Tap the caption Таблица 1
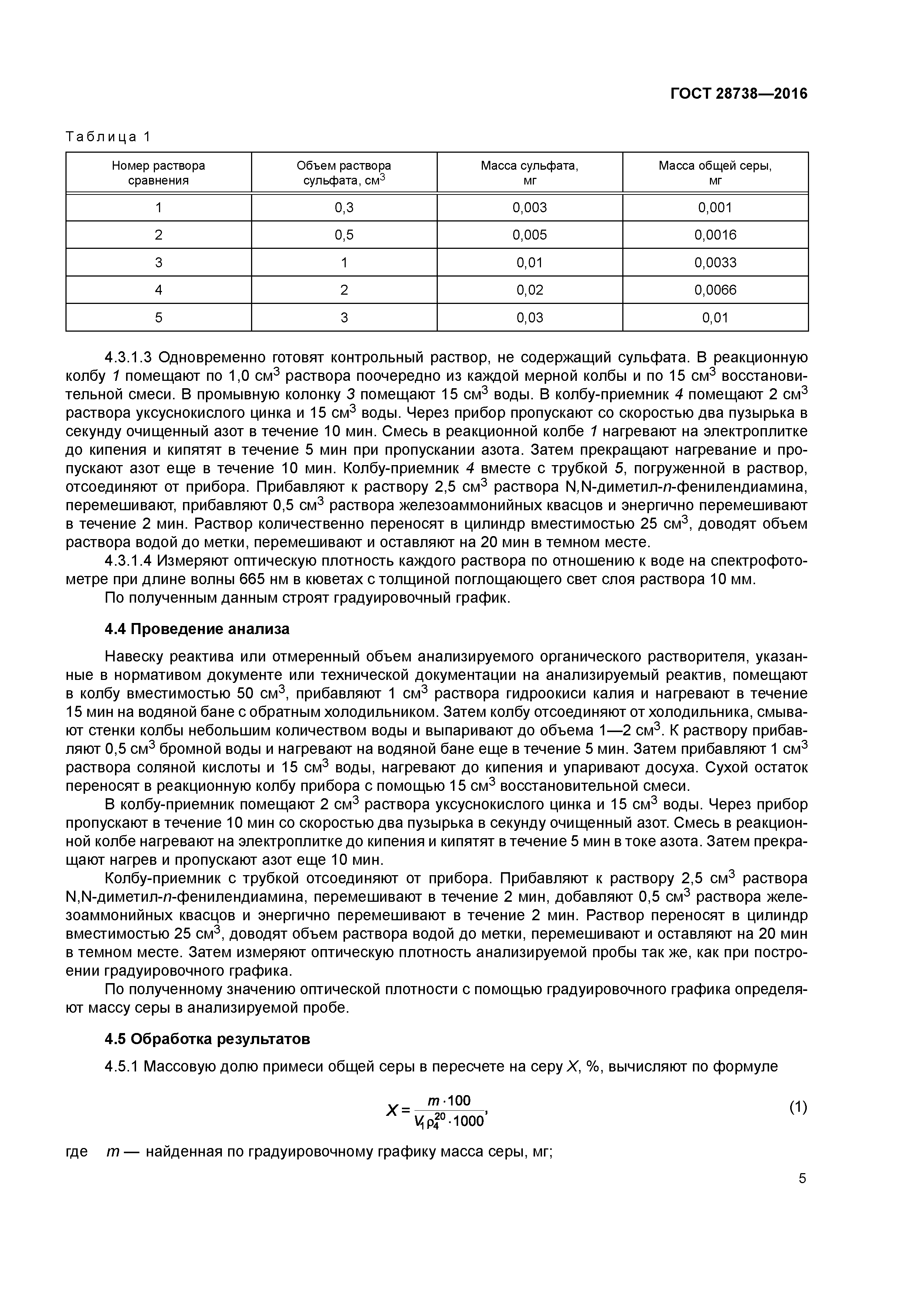point(108,137)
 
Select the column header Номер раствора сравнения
point(158,173)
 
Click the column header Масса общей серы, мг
point(715,173)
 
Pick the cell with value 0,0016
point(715,235)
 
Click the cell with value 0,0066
point(715,290)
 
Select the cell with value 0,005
point(529,235)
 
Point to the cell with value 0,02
point(529,290)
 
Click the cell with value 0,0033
point(715,263)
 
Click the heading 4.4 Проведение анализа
point(197,629)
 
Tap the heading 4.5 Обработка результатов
point(207,1039)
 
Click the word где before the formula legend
point(77,1152)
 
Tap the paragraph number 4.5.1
point(121,1067)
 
